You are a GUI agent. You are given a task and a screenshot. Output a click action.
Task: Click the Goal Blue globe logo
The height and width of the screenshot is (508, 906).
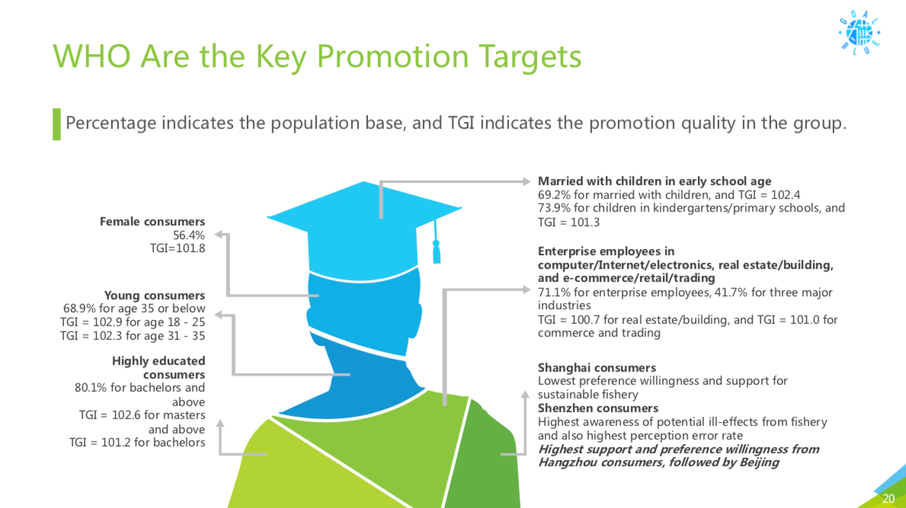click(860, 33)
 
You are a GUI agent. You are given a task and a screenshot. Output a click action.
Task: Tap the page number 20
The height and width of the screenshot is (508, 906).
click(888, 498)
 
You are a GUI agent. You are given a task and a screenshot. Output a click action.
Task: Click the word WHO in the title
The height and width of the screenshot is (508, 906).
click(91, 56)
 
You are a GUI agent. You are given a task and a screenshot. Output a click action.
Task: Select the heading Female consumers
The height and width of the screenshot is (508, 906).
click(152, 222)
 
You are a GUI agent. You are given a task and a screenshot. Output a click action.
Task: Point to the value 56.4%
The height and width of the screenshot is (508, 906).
click(189, 235)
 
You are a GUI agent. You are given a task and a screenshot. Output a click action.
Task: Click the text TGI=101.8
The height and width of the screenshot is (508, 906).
click(178, 248)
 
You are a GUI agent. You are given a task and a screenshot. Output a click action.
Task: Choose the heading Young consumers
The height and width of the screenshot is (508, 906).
click(154, 296)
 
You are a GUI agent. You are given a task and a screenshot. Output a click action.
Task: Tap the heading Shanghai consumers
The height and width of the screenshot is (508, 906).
click(597, 368)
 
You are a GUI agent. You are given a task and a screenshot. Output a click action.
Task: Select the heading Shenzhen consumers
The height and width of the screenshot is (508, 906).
click(598, 408)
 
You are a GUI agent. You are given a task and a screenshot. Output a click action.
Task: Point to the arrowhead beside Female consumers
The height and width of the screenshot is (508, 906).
click(219, 235)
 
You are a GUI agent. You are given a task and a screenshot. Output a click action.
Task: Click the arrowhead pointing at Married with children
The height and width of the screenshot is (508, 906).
click(527, 181)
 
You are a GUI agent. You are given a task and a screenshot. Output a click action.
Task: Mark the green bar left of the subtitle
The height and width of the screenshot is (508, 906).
click(56, 124)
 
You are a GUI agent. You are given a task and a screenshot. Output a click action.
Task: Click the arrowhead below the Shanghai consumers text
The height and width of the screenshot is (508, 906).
click(525, 395)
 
